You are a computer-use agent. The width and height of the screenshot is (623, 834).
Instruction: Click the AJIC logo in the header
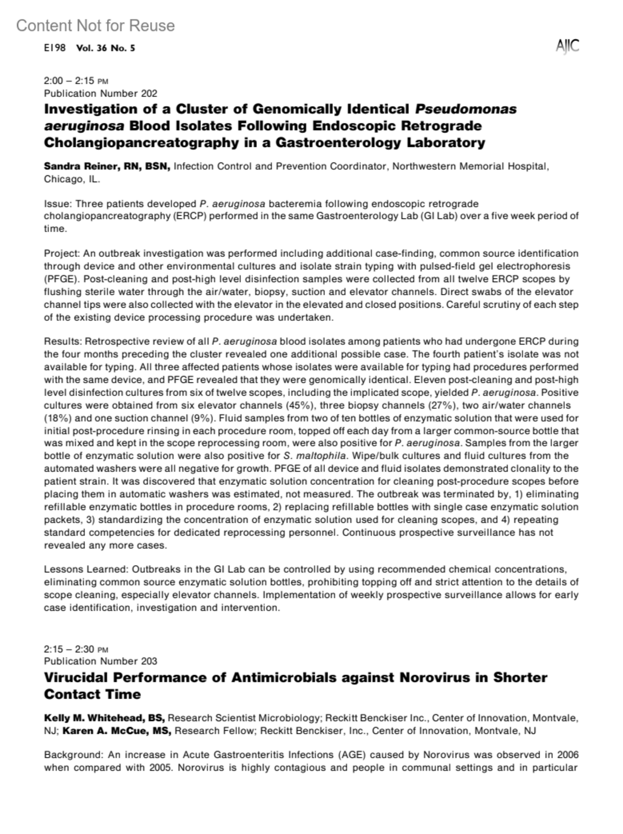pos(567,47)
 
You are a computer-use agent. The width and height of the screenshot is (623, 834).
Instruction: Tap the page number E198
pos(55,48)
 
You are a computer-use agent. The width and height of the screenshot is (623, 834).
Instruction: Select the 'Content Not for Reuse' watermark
pos(96,25)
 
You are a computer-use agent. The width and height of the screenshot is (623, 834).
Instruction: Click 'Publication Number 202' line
pos(100,93)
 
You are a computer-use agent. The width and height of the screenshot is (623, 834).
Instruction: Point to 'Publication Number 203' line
pos(100,661)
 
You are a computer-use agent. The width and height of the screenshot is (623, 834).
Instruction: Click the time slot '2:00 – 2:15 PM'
pos(76,81)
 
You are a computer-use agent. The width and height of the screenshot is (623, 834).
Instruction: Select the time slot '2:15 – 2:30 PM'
pos(76,649)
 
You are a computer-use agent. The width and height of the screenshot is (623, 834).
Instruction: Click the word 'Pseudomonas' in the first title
pos(466,110)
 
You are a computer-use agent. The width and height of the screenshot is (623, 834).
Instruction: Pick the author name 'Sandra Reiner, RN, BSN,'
pos(107,167)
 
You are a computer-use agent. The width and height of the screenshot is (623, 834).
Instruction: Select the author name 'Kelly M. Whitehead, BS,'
pos(104,718)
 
